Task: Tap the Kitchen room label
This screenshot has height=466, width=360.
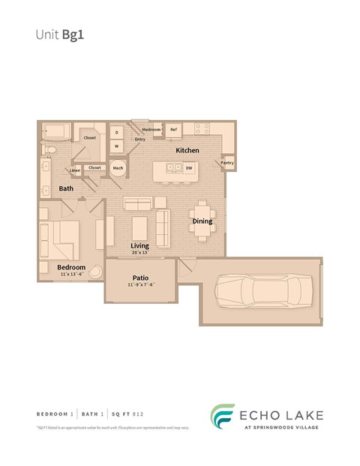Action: [187, 151]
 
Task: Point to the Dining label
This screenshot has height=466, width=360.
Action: [202, 221]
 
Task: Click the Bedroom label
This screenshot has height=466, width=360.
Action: [71, 267]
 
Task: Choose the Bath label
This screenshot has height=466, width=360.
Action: [66, 188]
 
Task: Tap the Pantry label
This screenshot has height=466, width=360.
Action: [227, 163]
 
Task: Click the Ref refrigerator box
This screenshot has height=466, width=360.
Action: [173, 130]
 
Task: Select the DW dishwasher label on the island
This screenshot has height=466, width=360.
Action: [188, 169]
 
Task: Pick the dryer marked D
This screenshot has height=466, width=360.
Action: [117, 131]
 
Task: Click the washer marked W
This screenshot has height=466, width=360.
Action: [117, 146]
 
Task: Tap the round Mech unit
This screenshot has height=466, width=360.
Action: [118, 169]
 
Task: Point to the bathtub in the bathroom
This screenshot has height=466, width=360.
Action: [54, 132]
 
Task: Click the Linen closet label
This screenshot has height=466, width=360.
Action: [76, 171]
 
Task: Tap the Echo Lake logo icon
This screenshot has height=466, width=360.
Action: [222, 417]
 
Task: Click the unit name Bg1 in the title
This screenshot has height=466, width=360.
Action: [73, 34]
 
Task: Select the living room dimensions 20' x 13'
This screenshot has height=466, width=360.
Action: [139, 253]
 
